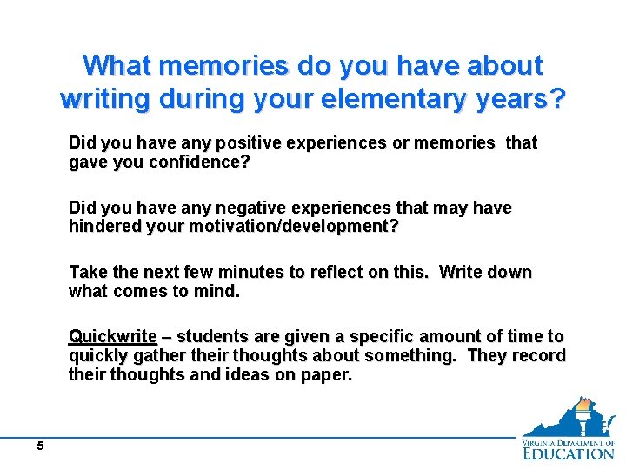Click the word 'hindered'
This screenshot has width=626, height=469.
[103, 227]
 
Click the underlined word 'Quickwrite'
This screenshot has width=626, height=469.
[113, 336]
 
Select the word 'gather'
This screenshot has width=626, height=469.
[157, 356]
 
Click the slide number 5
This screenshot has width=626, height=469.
[40, 446]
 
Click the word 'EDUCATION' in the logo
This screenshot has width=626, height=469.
[569, 452]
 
